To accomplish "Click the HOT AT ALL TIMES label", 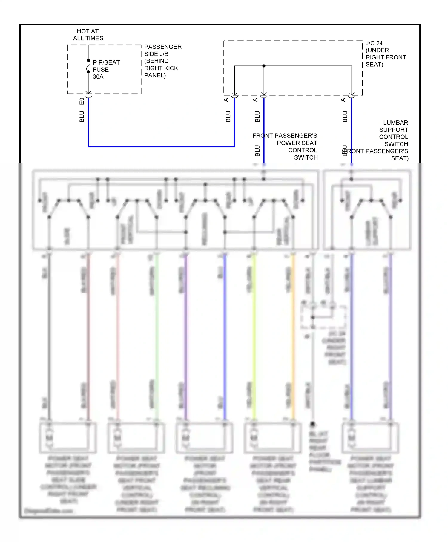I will tap(88, 35).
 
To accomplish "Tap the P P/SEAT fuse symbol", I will tap(88, 66).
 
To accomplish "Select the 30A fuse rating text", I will tap(98, 77).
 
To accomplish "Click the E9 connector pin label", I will tap(82, 101).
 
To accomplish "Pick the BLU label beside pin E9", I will tap(82, 117).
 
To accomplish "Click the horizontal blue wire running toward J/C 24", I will tap(161, 146).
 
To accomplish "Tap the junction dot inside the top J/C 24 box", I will tap(264, 66).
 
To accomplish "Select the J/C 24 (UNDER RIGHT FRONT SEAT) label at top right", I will tap(385, 54).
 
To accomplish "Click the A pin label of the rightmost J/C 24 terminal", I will tap(343, 100).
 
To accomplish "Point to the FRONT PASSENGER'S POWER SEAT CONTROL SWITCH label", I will tap(285, 146).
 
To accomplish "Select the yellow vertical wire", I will tap(254, 338).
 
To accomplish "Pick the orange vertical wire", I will tap(293, 338).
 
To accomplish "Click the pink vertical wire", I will tap(118, 338).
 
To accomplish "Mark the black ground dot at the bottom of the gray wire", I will tap(313, 424).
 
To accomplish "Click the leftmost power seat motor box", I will tap(68, 438).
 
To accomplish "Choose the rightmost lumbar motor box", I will tap(371, 438).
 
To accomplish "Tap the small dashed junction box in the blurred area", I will tap(323, 317).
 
